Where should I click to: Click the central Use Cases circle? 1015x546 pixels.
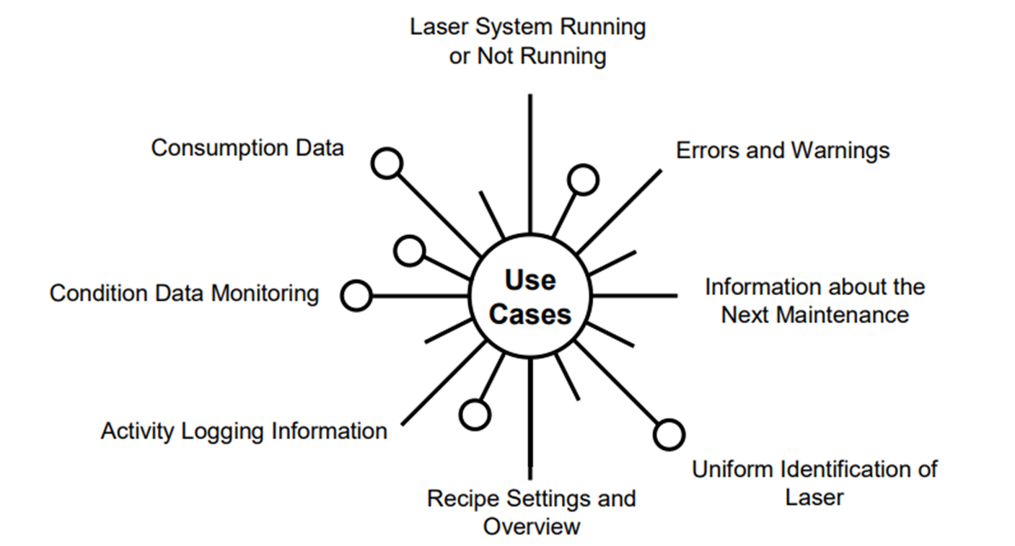(530, 296)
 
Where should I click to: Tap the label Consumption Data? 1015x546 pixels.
(247, 148)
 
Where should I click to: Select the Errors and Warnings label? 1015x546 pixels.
(783, 150)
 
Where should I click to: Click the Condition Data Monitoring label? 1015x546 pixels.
(184, 294)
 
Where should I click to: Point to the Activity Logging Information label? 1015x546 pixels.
(244, 431)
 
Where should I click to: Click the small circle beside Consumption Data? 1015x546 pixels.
(387, 164)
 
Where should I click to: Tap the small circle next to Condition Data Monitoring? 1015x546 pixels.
(356, 296)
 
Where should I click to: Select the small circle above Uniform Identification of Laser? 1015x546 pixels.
(669, 434)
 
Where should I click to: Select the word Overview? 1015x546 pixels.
(531, 526)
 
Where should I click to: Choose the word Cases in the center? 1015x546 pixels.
(530, 314)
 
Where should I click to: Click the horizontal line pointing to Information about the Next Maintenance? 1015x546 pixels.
(635, 296)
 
